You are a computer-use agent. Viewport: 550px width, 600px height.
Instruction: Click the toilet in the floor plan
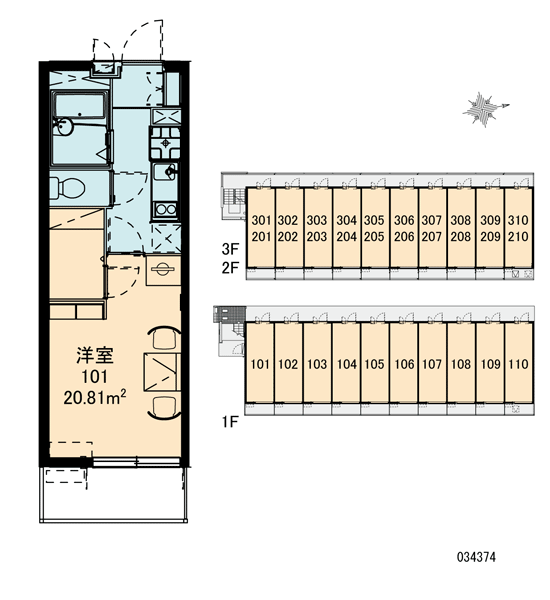[x=68, y=187]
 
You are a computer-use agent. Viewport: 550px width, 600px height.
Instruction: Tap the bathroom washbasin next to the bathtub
[x=64, y=126]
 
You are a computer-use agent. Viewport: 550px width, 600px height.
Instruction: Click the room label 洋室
[x=95, y=355]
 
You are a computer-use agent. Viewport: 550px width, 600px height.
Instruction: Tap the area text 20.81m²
[x=95, y=397]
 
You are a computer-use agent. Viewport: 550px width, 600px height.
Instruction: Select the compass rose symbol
[x=485, y=109]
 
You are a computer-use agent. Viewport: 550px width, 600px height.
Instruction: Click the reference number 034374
[x=476, y=557]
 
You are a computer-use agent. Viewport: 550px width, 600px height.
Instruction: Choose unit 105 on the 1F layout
[x=374, y=363]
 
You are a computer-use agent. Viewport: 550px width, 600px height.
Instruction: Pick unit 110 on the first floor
[x=518, y=363]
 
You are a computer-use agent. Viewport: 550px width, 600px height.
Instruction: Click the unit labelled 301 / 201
[x=261, y=227]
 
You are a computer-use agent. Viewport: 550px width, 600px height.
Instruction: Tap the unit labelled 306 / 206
[x=404, y=227]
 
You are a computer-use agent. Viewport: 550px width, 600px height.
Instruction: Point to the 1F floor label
[x=230, y=422]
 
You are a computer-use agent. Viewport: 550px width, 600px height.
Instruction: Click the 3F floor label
[x=230, y=249]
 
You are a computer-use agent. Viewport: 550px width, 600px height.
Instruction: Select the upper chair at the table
[x=165, y=338]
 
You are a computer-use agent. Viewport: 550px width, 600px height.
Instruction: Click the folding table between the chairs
[x=162, y=372]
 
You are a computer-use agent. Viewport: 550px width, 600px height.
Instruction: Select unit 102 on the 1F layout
[x=288, y=363]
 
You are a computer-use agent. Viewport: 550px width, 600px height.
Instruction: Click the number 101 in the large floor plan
[x=95, y=377]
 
